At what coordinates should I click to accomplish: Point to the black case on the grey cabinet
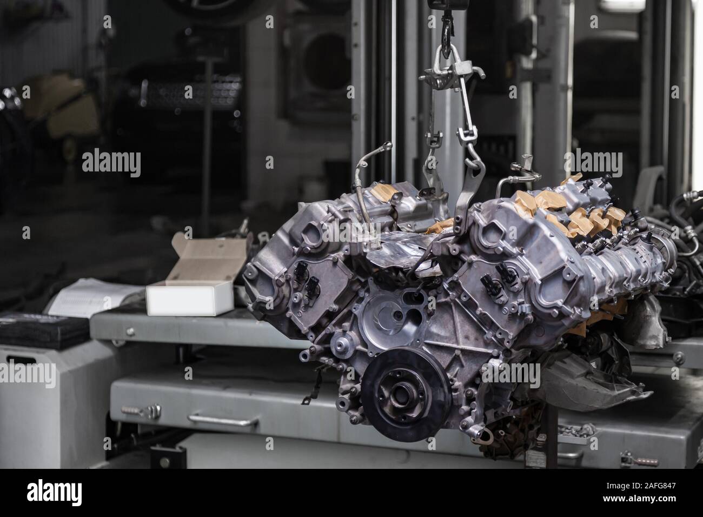(44, 330)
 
